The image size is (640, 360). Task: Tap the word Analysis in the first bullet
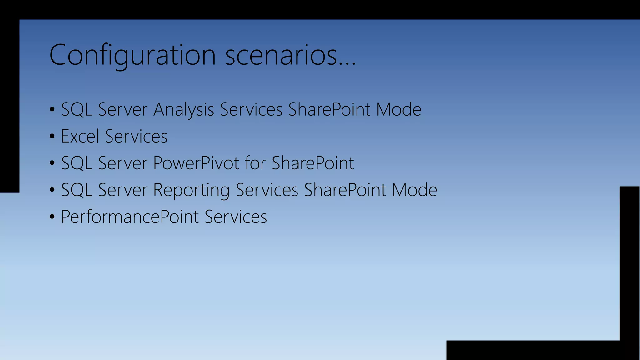pyautogui.click(x=184, y=110)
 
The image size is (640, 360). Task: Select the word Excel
pyautogui.click(x=80, y=136)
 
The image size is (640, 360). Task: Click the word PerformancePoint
pyautogui.click(x=130, y=217)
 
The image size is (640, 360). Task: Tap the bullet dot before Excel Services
pyautogui.click(x=52, y=137)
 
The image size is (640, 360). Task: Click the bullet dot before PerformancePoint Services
pyautogui.click(x=52, y=217)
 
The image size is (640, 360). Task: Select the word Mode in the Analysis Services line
pyautogui.click(x=398, y=110)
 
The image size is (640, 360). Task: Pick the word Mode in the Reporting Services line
pyautogui.click(x=414, y=190)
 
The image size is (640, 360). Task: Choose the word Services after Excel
pyautogui.click(x=136, y=136)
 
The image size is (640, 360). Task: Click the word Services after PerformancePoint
pyautogui.click(x=236, y=217)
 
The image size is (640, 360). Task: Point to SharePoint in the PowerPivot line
pyautogui.click(x=312, y=163)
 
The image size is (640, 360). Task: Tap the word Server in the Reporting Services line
pyautogui.click(x=122, y=190)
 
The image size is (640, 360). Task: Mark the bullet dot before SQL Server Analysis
pyautogui.click(x=52, y=110)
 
